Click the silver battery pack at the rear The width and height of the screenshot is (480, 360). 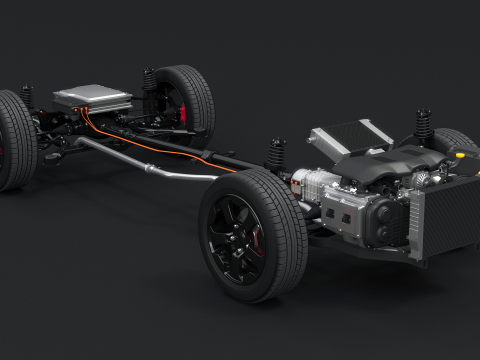(92, 97)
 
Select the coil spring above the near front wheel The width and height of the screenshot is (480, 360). (276, 154)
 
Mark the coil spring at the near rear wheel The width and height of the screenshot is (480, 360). (27, 98)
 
